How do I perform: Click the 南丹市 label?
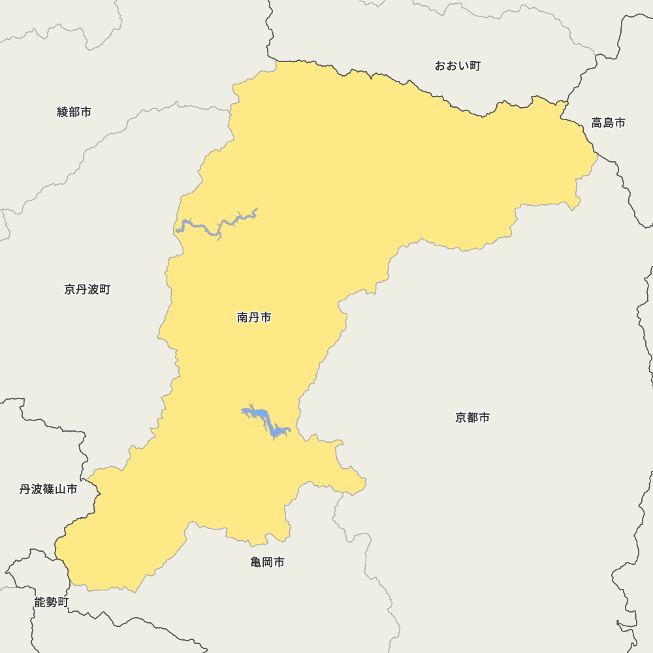pyautogui.click(x=254, y=318)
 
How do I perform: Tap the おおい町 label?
pyautogui.click(x=458, y=66)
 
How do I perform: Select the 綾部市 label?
pyautogui.click(x=74, y=112)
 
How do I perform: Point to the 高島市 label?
pyautogui.click(x=608, y=123)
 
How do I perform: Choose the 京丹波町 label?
pyautogui.click(x=88, y=289)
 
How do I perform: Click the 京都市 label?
pyautogui.click(x=472, y=418)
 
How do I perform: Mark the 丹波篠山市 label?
pyautogui.click(x=48, y=489)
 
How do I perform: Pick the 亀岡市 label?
pyautogui.click(x=267, y=562)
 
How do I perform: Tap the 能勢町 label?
pyautogui.click(x=52, y=603)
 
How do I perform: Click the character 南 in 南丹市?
pyautogui.click(x=242, y=318)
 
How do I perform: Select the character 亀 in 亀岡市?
pyautogui.click(x=256, y=562)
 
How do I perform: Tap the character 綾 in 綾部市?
pyautogui.click(x=63, y=112)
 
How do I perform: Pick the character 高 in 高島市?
pyautogui.click(x=597, y=123)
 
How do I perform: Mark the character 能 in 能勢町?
pyautogui.click(x=40, y=603)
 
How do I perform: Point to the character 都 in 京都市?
pyautogui.click(x=472, y=418)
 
